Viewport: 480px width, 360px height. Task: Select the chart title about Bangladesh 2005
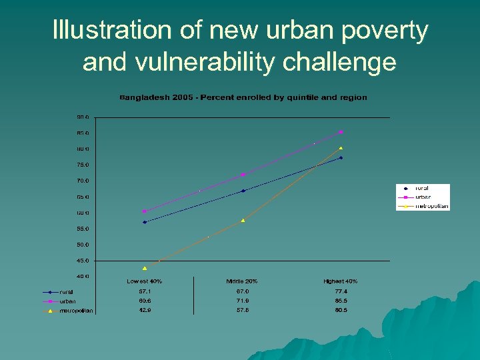(x=243, y=97)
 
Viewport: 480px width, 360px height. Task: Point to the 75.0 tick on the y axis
(x=82, y=165)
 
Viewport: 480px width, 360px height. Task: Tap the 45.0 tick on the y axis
(x=82, y=261)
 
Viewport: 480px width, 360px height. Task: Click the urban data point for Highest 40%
(x=341, y=132)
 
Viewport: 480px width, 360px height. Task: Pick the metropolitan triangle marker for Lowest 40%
(x=145, y=268)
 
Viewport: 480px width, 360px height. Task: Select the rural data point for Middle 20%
(x=243, y=191)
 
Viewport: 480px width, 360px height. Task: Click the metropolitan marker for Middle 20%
(x=243, y=220)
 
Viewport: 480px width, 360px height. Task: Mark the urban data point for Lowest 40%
(x=145, y=211)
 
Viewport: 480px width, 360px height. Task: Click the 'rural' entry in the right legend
(x=422, y=189)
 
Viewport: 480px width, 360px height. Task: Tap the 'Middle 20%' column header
(x=242, y=281)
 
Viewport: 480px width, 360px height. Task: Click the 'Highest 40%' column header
(x=340, y=281)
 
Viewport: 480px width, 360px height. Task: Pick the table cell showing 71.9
(x=242, y=301)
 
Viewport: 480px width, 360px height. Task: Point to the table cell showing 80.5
(x=340, y=310)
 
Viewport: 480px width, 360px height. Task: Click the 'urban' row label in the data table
(x=68, y=301)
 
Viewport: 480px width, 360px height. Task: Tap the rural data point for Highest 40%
(x=341, y=158)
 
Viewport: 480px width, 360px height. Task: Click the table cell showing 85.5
(x=340, y=301)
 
